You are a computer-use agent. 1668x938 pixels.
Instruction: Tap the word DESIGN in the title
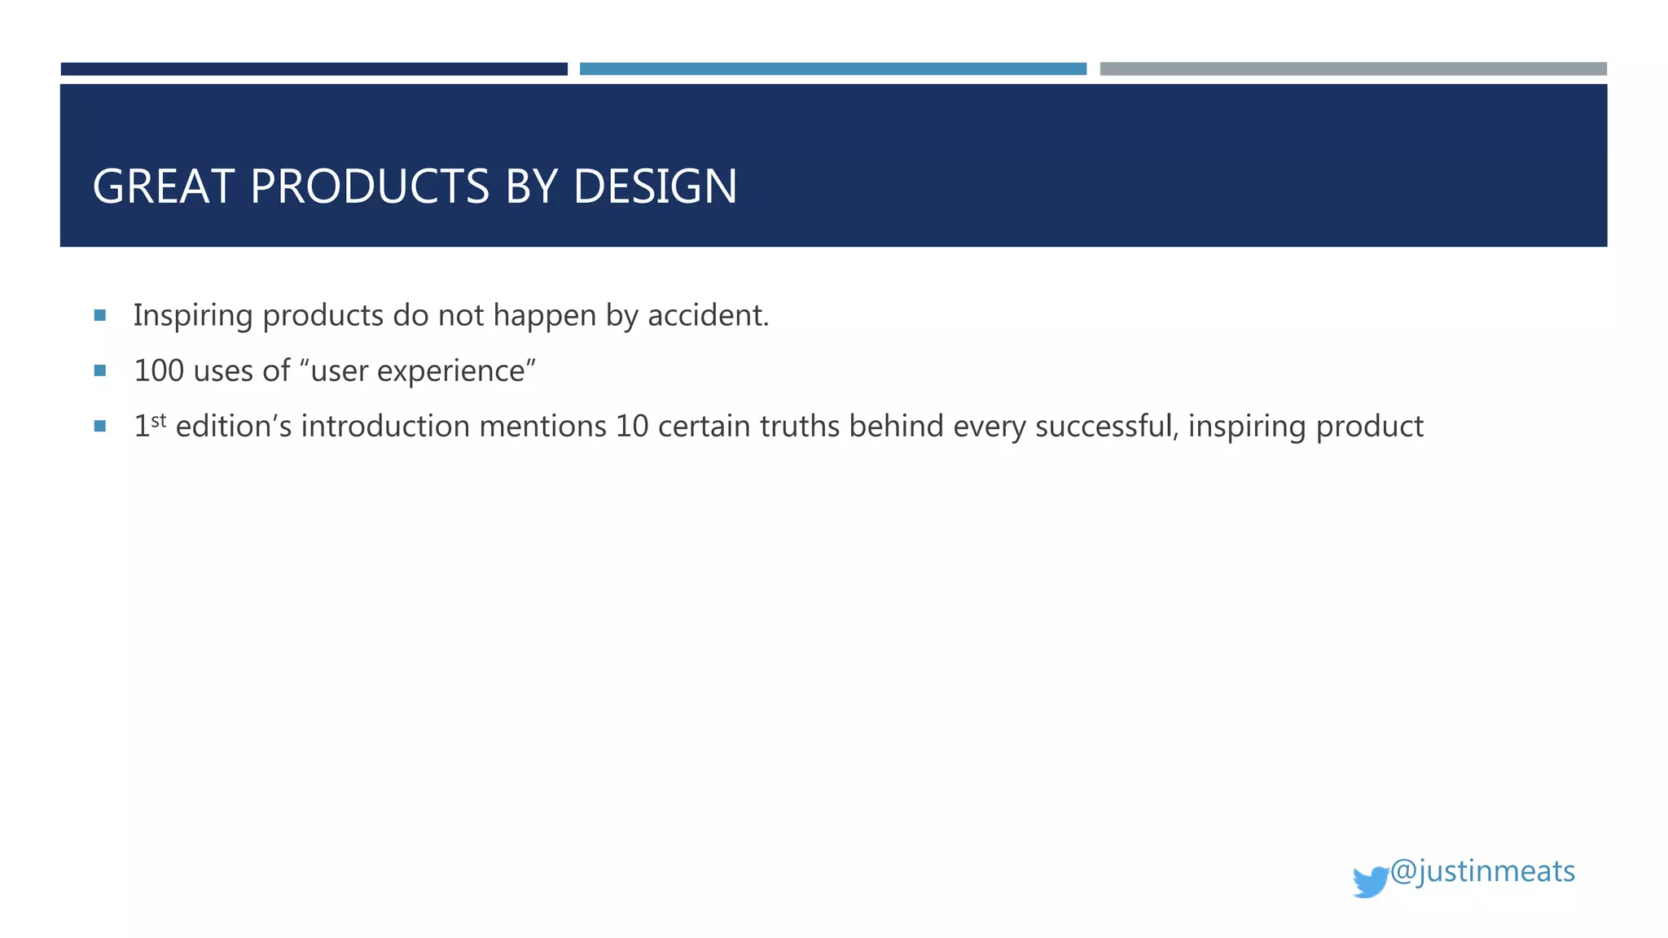[655, 186]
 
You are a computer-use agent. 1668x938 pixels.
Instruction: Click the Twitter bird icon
[1370, 882]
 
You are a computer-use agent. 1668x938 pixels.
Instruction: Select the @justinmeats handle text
[1482, 871]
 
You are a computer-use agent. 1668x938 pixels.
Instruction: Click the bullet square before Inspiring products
[100, 315]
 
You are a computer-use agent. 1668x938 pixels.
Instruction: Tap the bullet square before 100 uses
[100, 370]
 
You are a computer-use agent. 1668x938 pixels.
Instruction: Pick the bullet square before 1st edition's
[100, 426]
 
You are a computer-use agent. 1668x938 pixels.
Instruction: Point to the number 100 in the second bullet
[159, 370]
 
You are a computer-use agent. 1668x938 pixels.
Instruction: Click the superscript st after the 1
[159, 420]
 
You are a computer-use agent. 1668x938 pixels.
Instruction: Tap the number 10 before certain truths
[631, 426]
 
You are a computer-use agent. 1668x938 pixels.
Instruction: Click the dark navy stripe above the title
[314, 69]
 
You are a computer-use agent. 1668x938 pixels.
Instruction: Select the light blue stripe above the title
[832, 69]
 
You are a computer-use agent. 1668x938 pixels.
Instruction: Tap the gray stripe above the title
[1353, 69]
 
